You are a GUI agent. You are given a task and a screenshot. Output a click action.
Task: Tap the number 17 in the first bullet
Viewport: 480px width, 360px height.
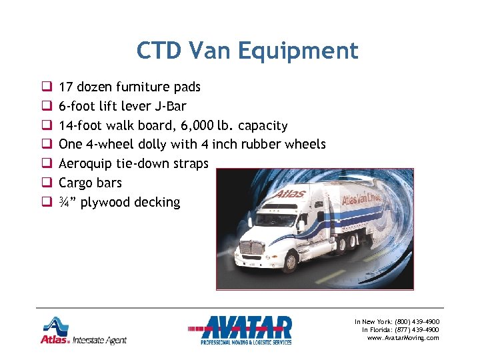(66, 87)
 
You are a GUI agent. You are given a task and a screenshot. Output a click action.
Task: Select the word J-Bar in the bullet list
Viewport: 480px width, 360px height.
(170, 106)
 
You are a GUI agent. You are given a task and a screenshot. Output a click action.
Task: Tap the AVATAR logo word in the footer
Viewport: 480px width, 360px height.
(248, 327)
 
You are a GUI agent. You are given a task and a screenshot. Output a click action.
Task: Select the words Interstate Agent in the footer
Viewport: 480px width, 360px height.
(100, 340)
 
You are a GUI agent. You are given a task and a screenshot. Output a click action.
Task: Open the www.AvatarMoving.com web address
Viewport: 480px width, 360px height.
(403, 338)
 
